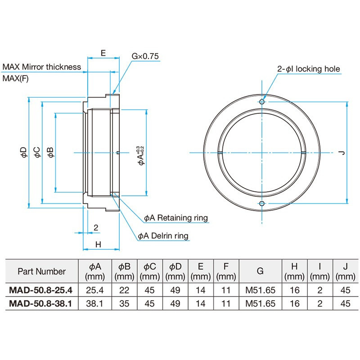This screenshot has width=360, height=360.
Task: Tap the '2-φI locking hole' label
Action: (x=308, y=69)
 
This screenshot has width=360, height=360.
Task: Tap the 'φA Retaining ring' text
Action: (x=175, y=218)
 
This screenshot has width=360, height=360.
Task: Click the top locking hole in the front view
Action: (x=262, y=102)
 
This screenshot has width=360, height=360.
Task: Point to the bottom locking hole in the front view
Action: (x=262, y=204)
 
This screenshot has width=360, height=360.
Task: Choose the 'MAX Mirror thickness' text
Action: (x=42, y=67)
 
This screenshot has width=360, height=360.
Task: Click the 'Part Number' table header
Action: (x=41, y=271)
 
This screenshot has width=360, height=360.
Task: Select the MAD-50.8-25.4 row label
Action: (x=41, y=291)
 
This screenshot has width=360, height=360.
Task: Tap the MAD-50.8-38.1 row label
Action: (x=41, y=304)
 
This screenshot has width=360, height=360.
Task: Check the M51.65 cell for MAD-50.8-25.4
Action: (x=260, y=291)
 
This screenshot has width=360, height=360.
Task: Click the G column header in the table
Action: (x=260, y=271)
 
